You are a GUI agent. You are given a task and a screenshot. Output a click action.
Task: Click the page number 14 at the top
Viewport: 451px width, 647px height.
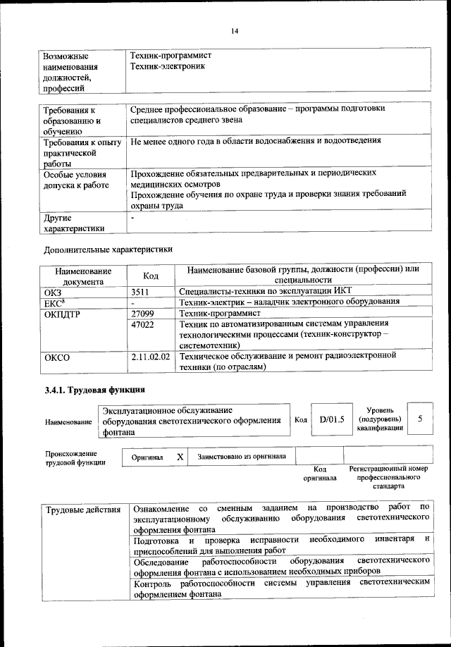tap(234, 30)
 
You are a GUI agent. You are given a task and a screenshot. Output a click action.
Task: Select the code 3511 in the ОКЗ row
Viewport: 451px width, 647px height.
tap(142, 291)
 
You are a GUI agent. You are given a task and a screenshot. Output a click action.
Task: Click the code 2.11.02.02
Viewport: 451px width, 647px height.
tap(150, 357)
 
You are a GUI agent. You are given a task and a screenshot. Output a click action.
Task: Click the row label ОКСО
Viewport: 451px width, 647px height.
tap(57, 357)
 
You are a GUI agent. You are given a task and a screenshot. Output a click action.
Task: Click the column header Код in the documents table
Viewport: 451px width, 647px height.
tap(150, 276)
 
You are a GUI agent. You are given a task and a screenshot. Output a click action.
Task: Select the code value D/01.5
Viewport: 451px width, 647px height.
tap(330, 419)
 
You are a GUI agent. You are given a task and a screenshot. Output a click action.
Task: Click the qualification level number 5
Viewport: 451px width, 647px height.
tap(420, 419)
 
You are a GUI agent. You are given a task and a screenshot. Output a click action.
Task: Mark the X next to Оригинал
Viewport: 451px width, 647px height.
tap(180, 457)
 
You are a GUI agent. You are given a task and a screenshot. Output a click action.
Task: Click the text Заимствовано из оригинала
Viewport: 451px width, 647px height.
tap(242, 456)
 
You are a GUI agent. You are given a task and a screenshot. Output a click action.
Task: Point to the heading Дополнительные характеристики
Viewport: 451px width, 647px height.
tap(108, 249)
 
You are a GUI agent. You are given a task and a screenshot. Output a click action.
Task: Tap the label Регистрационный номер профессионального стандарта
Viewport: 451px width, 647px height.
tap(388, 477)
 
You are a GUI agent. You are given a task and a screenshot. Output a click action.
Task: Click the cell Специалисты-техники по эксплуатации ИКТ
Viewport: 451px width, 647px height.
tap(265, 291)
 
